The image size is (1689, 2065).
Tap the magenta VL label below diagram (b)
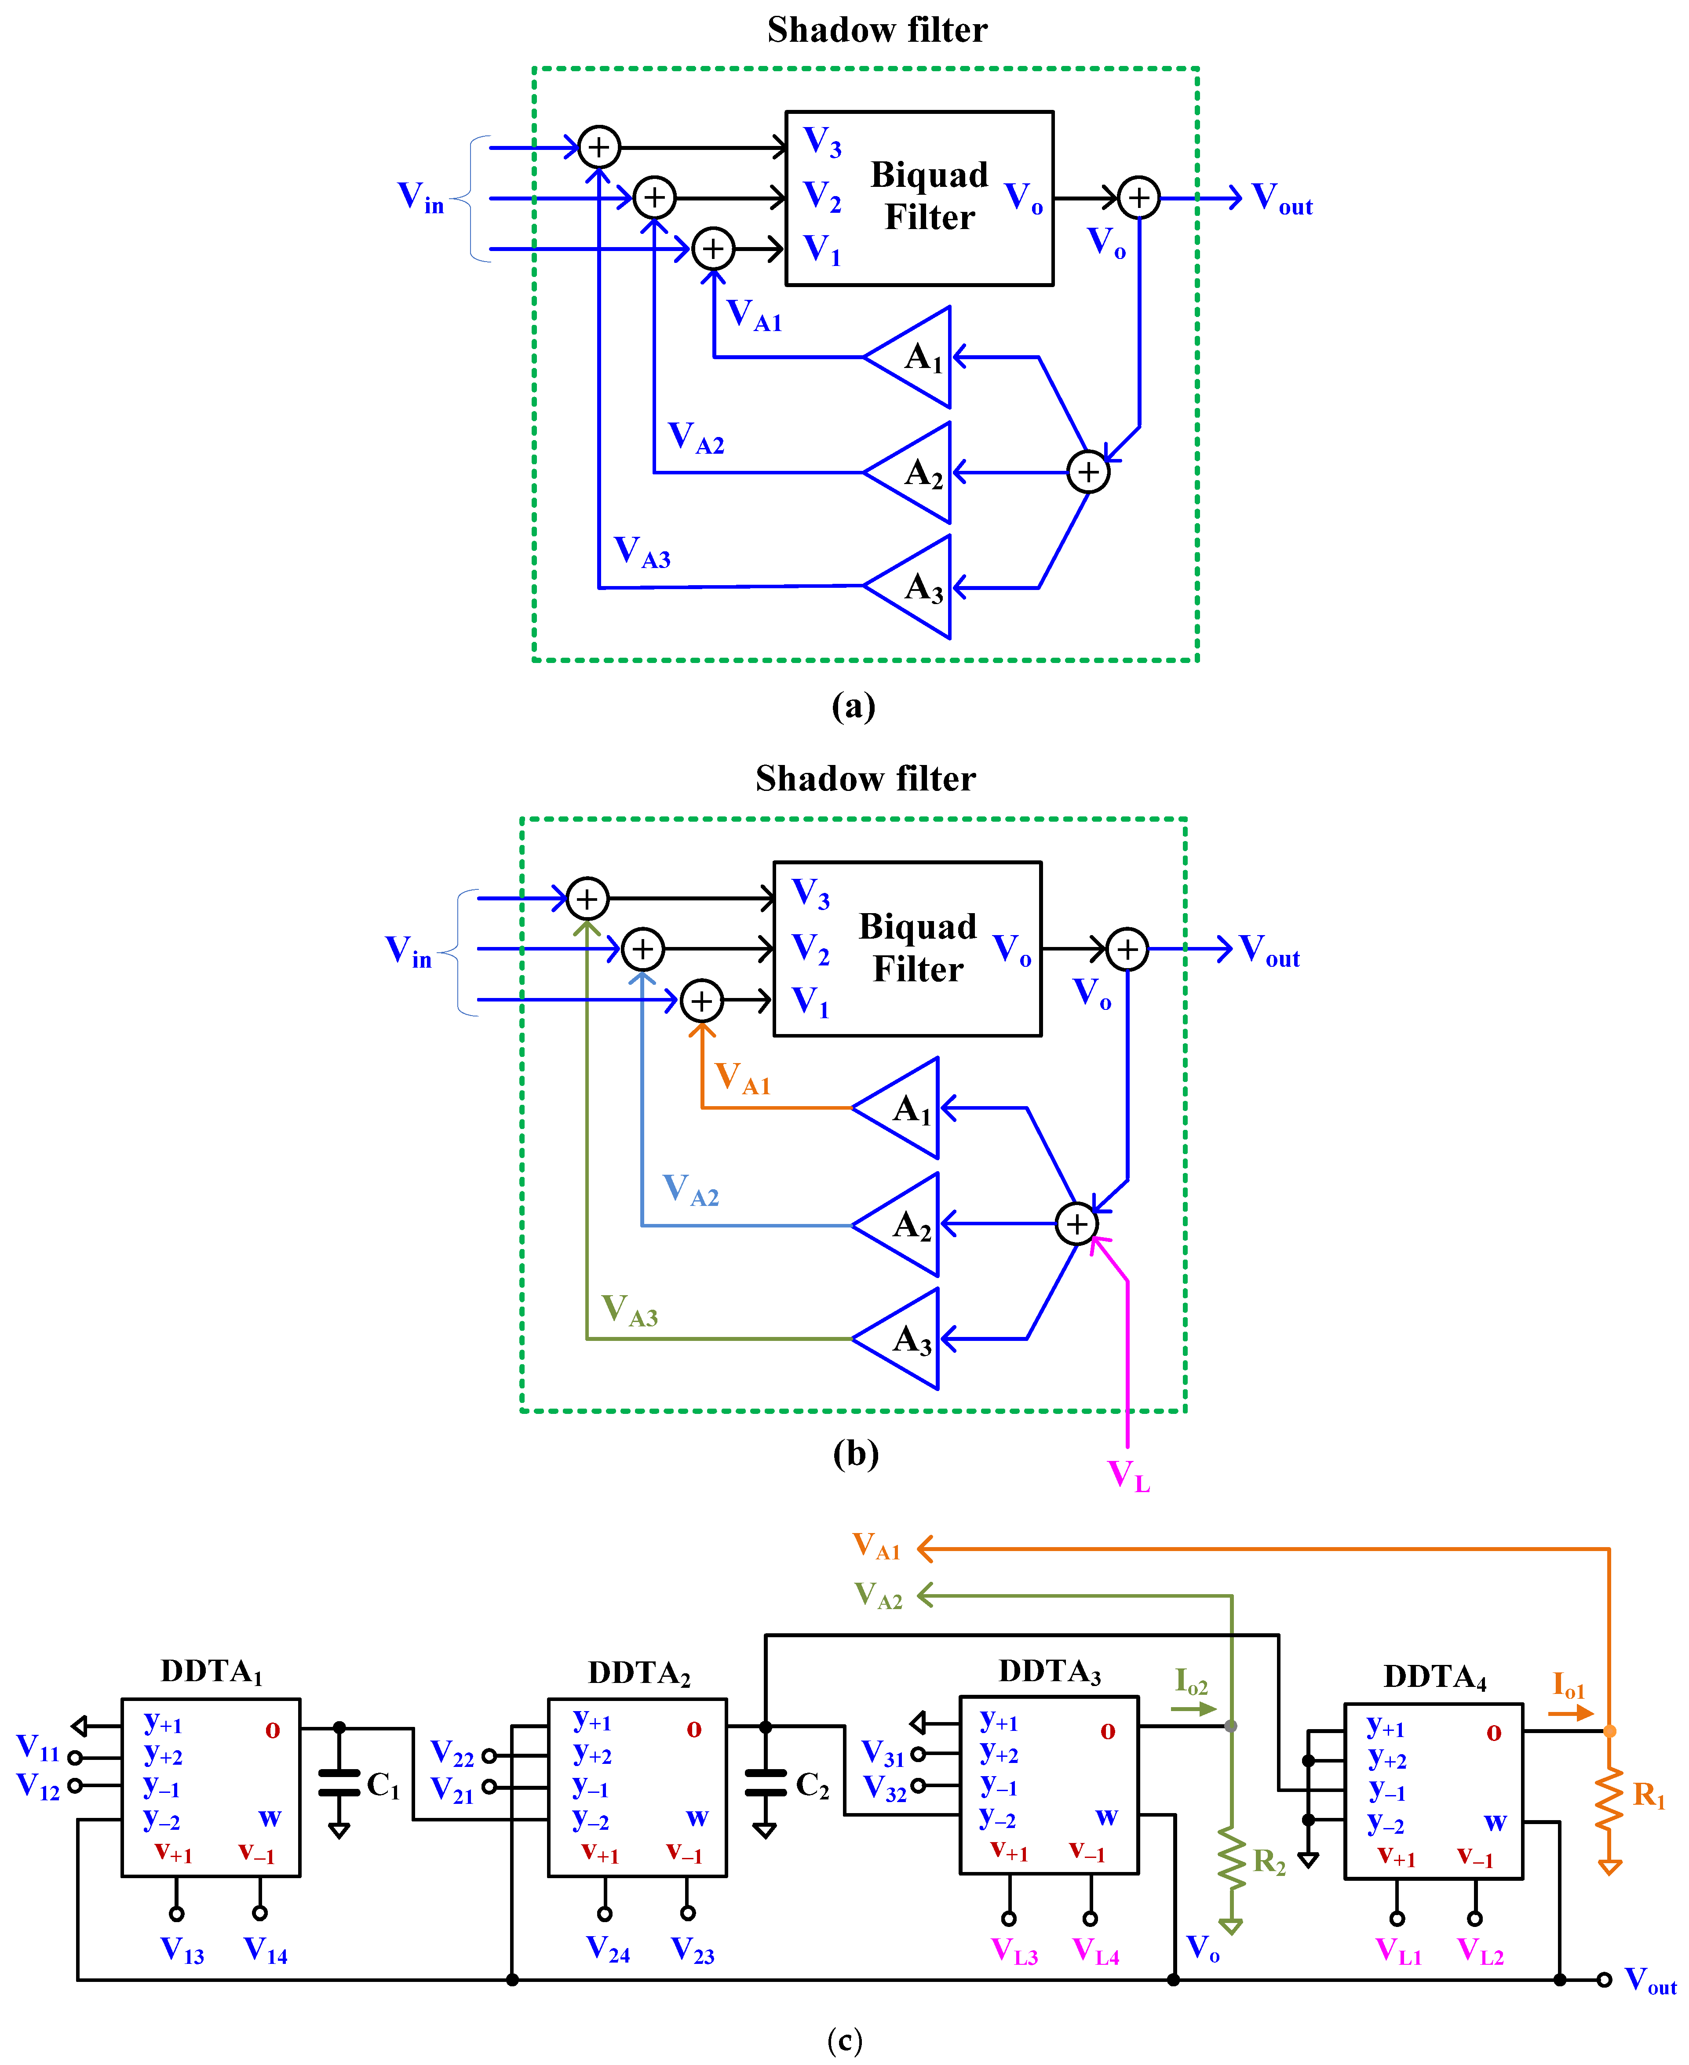click(1129, 1475)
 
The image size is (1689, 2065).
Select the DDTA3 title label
click(1050, 1671)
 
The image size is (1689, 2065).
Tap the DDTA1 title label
click(211, 1671)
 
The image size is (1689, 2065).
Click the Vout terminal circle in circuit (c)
click(1605, 1979)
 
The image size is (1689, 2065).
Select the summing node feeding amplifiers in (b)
click(1076, 1224)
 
